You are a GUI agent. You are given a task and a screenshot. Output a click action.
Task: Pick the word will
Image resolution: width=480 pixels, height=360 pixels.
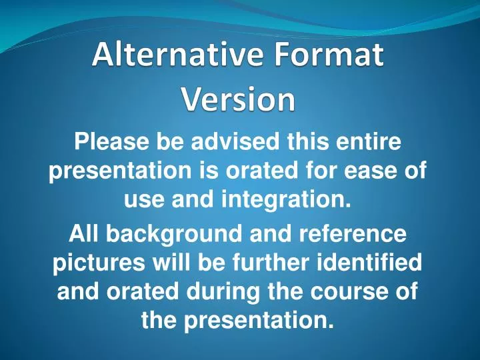click(167, 263)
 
